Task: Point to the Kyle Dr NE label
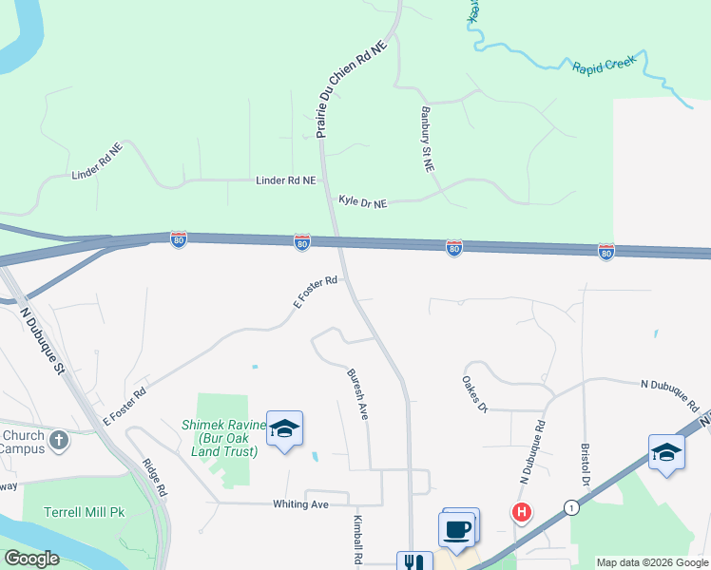click(363, 201)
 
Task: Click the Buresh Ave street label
click(358, 395)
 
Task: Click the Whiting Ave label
click(300, 504)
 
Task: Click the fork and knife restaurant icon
click(414, 563)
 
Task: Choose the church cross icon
click(59, 440)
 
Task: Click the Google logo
click(31, 559)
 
